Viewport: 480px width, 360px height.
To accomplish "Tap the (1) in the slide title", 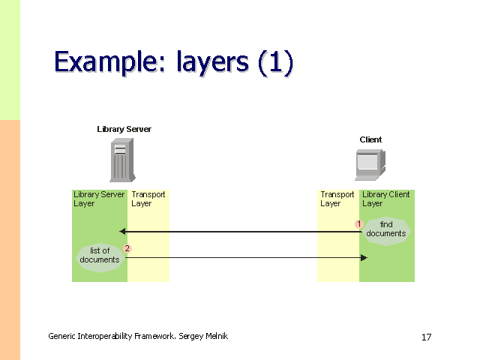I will [x=274, y=62].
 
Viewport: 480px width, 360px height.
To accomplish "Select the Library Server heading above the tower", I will [x=124, y=129].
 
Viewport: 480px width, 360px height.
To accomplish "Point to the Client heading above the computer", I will [x=370, y=139].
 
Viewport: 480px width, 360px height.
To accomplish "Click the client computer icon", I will [x=369, y=165].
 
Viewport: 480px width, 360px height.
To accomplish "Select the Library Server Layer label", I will [x=98, y=199].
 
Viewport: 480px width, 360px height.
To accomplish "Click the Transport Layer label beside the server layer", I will [x=148, y=199].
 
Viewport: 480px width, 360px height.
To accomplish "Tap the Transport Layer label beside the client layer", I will [x=337, y=199].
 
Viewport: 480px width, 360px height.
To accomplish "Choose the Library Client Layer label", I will [x=385, y=199].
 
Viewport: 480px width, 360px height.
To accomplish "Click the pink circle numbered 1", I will [x=359, y=223].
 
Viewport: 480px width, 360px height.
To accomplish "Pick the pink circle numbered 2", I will [x=127, y=248].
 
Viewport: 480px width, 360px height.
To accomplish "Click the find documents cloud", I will [x=386, y=229].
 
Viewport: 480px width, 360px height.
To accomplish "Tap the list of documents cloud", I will [x=100, y=256].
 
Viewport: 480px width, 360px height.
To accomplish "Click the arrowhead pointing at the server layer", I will [x=123, y=232].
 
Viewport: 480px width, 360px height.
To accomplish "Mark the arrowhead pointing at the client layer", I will [x=364, y=258].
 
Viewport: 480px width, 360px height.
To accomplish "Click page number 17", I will [x=426, y=337].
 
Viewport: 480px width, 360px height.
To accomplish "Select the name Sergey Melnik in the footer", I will [x=203, y=336].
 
